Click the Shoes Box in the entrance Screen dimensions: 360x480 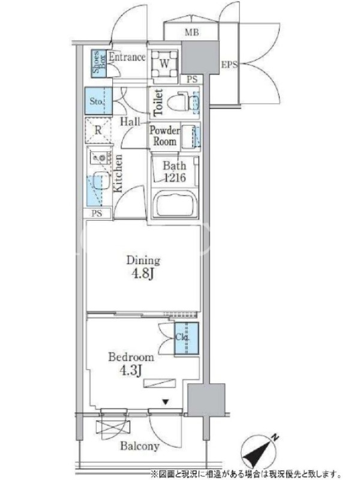(x=99, y=63)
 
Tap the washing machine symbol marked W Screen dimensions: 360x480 (x=164, y=64)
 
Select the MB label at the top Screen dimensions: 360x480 (x=191, y=32)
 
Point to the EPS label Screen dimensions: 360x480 (x=229, y=65)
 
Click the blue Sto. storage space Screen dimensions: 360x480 (x=98, y=101)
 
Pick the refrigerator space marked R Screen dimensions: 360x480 (x=98, y=130)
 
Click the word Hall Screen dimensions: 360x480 (x=130, y=122)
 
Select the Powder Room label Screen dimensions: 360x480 (x=164, y=136)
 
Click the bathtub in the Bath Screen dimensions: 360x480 (x=175, y=204)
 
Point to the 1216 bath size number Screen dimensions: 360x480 (x=175, y=178)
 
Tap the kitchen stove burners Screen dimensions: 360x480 (x=98, y=158)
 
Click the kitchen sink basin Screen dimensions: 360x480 (x=101, y=180)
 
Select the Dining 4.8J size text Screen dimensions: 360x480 (x=143, y=268)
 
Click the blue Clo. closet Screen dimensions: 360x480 (x=187, y=338)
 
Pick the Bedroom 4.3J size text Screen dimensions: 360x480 (x=131, y=364)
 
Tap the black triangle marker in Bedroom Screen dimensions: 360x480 (x=166, y=402)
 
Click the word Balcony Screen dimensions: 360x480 (x=140, y=446)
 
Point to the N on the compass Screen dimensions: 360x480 (x=275, y=438)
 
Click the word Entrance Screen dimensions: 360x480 (x=127, y=57)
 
